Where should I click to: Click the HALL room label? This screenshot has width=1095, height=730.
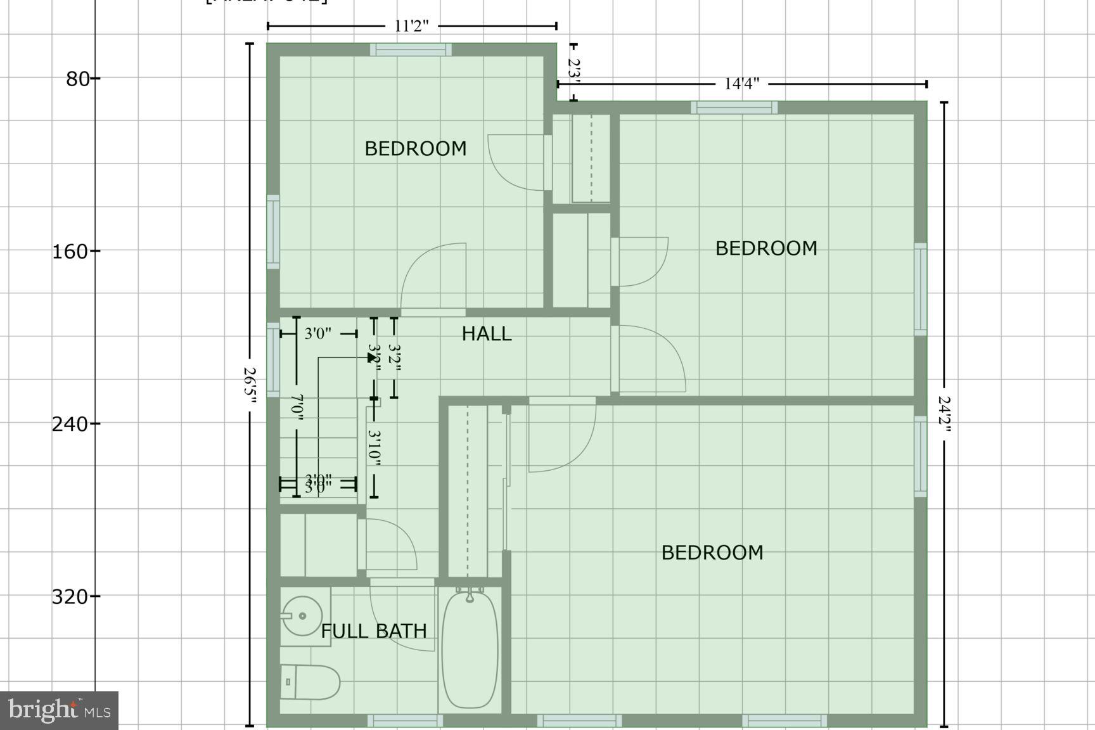click(486, 334)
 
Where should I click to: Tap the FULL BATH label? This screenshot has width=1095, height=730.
click(373, 631)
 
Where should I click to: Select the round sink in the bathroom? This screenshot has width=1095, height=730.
click(302, 615)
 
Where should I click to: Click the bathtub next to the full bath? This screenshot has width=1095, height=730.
click(470, 650)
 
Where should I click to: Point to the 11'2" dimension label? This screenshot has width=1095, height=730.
click(412, 26)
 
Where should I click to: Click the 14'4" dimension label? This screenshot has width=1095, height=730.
click(741, 84)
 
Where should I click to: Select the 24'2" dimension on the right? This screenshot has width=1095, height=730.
click(944, 415)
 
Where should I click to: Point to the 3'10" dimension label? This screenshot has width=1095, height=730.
click(374, 448)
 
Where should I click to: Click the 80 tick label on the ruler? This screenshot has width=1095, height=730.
click(78, 79)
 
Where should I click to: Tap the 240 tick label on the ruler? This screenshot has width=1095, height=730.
click(70, 424)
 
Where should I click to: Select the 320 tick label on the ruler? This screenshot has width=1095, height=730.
click(70, 597)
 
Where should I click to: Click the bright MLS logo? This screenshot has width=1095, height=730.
click(59, 710)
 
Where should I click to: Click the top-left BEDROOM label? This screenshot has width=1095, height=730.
click(415, 149)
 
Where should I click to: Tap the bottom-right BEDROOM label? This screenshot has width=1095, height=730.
click(712, 553)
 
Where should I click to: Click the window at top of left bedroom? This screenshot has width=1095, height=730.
click(411, 49)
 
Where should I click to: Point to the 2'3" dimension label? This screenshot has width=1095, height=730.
click(573, 69)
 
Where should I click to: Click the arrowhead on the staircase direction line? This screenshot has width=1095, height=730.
click(372, 357)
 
